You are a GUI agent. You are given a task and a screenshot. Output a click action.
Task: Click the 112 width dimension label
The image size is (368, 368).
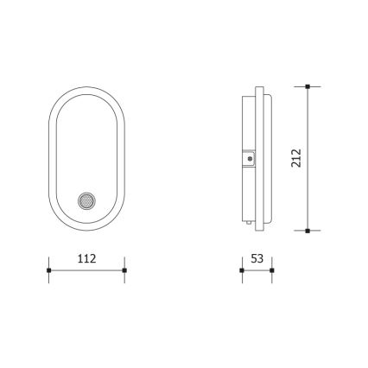pyautogui.click(x=86, y=257)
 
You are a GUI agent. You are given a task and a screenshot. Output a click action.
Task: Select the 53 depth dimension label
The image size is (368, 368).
pyautogui.click(x=256, y=257)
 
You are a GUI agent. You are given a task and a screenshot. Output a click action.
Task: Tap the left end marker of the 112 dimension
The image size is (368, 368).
pyautogui.click(x=48, y=271)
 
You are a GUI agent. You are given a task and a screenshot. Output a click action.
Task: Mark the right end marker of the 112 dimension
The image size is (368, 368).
pyautogui.click(x=124, y=271)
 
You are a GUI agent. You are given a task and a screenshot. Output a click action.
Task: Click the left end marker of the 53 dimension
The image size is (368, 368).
pyautogui.click(x=241, y=271)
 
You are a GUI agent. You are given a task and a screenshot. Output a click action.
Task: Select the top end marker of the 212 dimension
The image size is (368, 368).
pyautogui.click(x=308, y=86)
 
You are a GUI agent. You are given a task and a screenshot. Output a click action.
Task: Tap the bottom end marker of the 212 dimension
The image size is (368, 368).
pyautogui.click(x=308, y=231)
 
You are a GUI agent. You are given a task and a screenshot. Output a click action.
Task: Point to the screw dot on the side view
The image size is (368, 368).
pyautogui.click(x=249, y=159)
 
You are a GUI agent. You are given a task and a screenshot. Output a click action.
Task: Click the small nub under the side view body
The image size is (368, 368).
pyautogui.click(x=248, y=227)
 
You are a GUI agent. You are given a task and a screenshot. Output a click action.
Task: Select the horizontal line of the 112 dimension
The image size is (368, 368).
pyautogui.click(x=86, y=271)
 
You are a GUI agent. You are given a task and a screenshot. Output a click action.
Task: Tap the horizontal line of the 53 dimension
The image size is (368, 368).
pyautogui.click(x=256, y=271)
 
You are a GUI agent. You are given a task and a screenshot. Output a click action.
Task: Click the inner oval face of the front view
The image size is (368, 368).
pyautogui.click(x=86, y=138)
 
